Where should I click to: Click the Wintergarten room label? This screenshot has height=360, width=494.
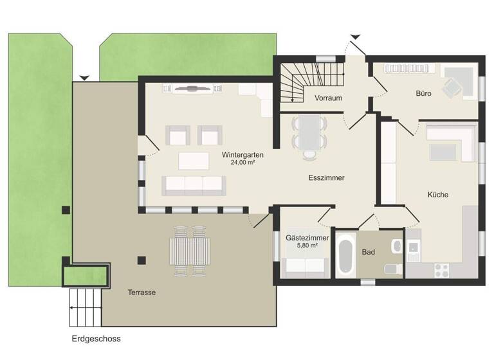242,155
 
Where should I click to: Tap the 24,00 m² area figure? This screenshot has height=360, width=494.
242,163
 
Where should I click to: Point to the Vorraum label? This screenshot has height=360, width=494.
327,98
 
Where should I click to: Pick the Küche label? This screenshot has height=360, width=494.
437,195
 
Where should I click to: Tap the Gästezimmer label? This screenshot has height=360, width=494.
307,238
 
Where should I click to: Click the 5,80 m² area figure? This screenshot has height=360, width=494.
307,246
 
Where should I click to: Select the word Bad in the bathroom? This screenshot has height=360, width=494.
368,253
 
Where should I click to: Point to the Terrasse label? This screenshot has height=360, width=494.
142,292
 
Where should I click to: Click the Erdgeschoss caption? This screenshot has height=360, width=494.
96,338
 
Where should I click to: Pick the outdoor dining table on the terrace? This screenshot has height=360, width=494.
189,251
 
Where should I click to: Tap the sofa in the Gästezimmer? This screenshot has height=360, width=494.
305,265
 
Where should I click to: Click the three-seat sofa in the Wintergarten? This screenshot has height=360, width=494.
193,185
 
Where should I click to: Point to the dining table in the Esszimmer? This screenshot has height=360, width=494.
309,132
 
